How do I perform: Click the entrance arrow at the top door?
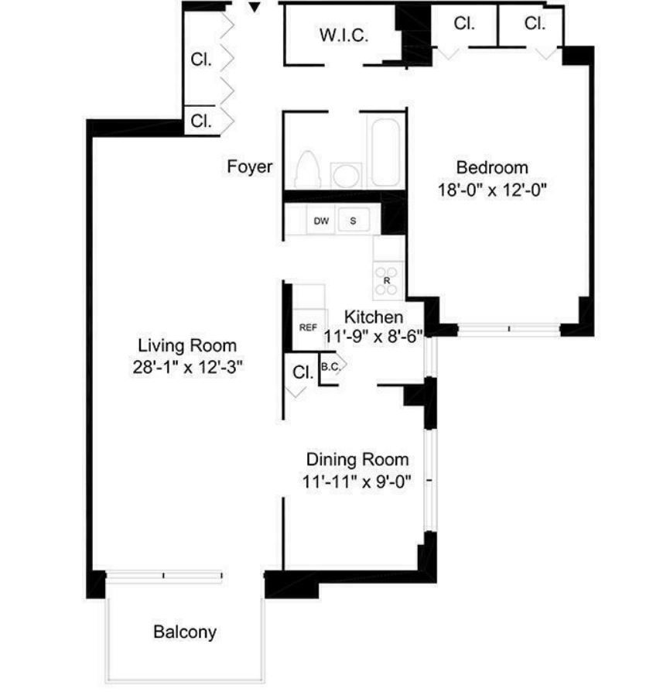click(255, 7)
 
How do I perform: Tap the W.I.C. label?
click(344, 36)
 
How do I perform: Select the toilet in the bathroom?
click(307, 170)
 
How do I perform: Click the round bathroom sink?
click(346, 175)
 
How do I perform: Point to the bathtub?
click(385, 152)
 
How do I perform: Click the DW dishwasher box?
click(321, 221)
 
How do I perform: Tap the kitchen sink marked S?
click(354, 221)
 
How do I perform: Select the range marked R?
click(387, 281)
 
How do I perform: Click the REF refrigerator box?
click(308, 328)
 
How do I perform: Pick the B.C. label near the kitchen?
click(330, 367)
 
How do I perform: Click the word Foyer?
click(250, 166)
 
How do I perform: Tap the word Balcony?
click(185, 632)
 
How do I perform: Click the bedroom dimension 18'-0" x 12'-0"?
click(492, 190)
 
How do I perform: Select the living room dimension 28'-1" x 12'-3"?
click(188, 367)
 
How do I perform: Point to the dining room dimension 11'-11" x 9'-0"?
click(357, 481)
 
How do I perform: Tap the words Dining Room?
click(357, 460)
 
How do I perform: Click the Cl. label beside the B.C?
click(303, 372)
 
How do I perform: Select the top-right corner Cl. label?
click(535, 23)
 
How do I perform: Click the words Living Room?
click(187, 345)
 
